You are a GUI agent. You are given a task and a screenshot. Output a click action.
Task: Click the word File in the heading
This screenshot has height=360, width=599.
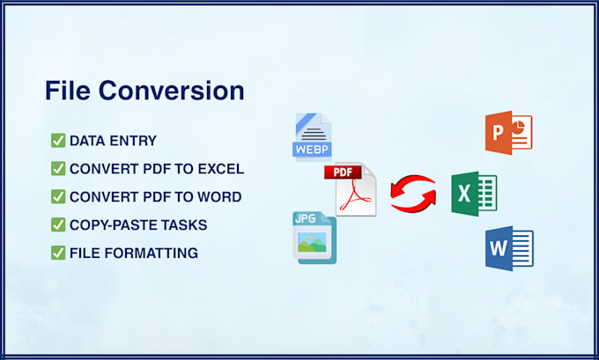68,91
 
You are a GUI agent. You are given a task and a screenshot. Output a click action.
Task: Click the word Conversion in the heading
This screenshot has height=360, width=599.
172,91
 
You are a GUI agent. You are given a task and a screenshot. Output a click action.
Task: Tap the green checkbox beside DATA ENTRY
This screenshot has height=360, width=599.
58,141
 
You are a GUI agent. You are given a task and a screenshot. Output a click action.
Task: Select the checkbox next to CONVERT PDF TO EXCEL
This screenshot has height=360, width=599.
58,168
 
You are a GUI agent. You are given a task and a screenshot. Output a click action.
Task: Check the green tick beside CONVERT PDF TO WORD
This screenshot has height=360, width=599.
58,196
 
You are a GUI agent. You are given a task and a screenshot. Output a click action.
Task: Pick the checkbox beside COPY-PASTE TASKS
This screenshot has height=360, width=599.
58,224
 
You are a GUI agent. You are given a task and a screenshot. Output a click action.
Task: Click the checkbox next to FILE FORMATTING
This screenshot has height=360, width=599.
58,253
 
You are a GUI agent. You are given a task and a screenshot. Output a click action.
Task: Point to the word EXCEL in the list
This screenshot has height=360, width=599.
221,169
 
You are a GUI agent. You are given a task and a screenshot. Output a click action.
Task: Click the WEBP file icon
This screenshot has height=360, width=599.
312,136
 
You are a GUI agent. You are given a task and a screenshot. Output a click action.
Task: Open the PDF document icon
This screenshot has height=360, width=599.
351,190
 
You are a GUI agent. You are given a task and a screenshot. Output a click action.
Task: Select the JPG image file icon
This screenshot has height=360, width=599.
314,238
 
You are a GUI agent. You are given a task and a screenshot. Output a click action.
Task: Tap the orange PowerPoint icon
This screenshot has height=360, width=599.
508,133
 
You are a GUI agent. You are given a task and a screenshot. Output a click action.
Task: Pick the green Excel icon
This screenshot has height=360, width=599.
474,194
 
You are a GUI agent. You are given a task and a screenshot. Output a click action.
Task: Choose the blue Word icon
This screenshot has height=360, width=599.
509,248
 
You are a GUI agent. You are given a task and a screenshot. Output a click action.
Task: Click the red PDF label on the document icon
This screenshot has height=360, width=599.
343,172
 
